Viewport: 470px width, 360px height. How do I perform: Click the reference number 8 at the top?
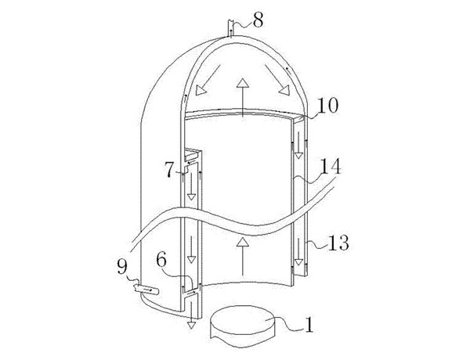[258, 21]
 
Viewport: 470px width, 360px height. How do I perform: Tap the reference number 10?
[327, 106]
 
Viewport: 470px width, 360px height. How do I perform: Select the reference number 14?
[331, 167]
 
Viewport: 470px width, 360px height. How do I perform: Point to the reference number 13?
[338, 243]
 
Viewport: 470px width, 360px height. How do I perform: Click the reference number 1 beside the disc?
[309, 325]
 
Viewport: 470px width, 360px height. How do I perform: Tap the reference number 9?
[122, 267]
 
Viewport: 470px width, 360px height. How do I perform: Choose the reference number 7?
[169, 170]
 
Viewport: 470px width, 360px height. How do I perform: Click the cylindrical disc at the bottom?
[243, 326]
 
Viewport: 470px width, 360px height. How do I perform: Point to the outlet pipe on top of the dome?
[230, 28]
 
